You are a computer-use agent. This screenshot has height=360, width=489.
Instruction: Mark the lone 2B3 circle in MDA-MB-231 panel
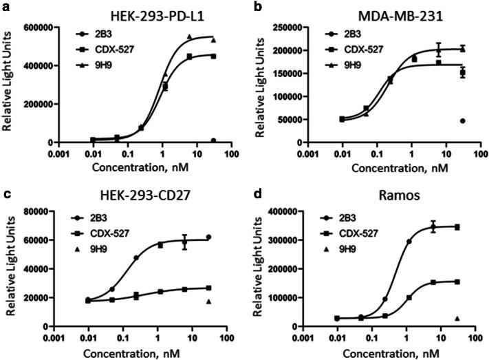(x=462, y=120)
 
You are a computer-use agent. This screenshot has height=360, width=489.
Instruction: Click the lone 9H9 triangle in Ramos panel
(x=457, y=318)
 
